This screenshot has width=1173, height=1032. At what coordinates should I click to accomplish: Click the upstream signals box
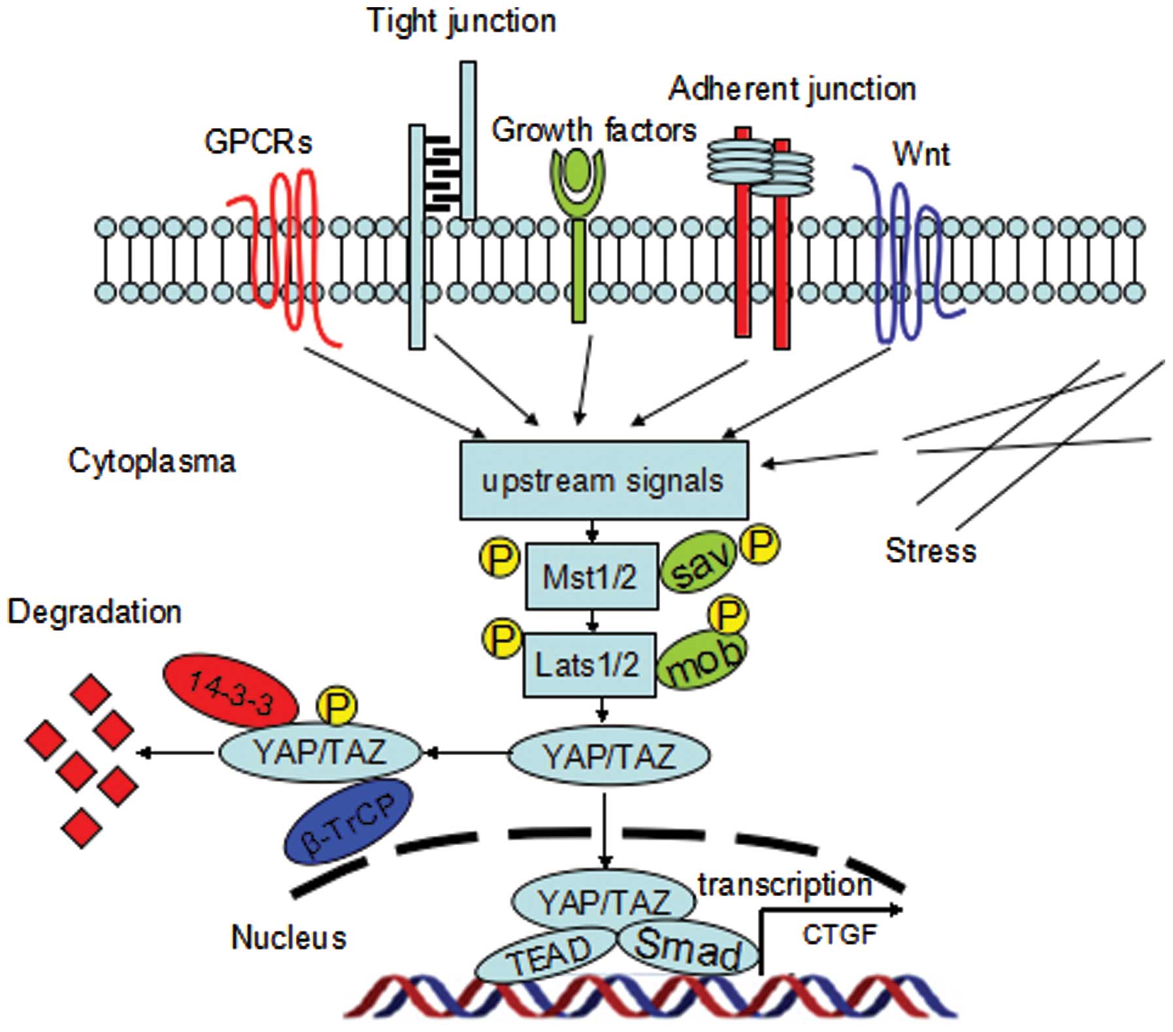tap(603, 480)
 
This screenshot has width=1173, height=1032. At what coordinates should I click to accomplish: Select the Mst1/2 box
tap(591, 576)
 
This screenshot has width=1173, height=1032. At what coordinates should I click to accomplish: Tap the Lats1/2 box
tap(588, 665)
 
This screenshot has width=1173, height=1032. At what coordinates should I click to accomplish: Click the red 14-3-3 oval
tap(231, 691)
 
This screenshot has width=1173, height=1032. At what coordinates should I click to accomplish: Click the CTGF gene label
tap(839, 935)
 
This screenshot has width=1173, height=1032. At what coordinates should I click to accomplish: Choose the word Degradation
tap(95, 612)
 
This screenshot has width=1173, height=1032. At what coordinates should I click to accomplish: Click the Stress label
tap(931, 550)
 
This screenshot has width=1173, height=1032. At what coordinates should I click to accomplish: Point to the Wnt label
tap(921, 154)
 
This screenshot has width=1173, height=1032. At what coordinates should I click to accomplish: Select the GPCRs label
tap(258, 141)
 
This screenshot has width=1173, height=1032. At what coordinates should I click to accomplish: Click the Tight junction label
tap(461, 21)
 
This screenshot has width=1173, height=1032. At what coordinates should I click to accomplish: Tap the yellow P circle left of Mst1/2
tap(500, 558)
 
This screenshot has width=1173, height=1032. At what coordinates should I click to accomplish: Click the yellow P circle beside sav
tap(759, 543)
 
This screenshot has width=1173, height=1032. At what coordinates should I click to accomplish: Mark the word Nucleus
tap(288, 938)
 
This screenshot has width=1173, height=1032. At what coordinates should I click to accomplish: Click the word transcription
tap(785, 885)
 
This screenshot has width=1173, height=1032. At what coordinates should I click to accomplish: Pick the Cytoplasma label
tap(152, 461)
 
